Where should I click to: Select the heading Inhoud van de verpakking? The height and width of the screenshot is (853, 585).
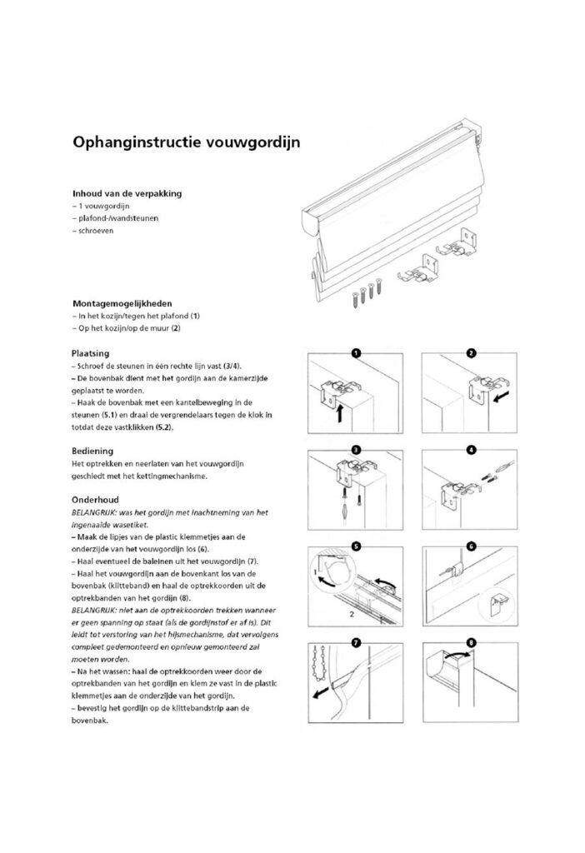point(126,192)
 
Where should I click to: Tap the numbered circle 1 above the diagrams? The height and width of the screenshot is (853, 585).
point(356,353)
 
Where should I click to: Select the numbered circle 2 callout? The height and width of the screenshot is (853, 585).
point(471,353)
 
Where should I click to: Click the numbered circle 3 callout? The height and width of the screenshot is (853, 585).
point(356,450)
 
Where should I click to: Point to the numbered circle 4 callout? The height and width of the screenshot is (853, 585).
point(471,450)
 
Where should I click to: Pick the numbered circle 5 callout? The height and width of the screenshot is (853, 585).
point(356,546)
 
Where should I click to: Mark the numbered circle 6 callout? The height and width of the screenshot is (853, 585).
point(471,546)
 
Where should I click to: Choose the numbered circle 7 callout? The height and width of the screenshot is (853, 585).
point(356,643)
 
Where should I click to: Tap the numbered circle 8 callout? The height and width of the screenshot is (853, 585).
point(471,643)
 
